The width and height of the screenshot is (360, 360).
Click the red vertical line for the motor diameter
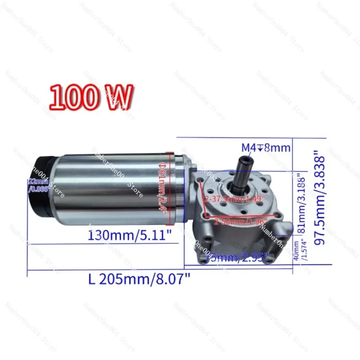tap(167, 189)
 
